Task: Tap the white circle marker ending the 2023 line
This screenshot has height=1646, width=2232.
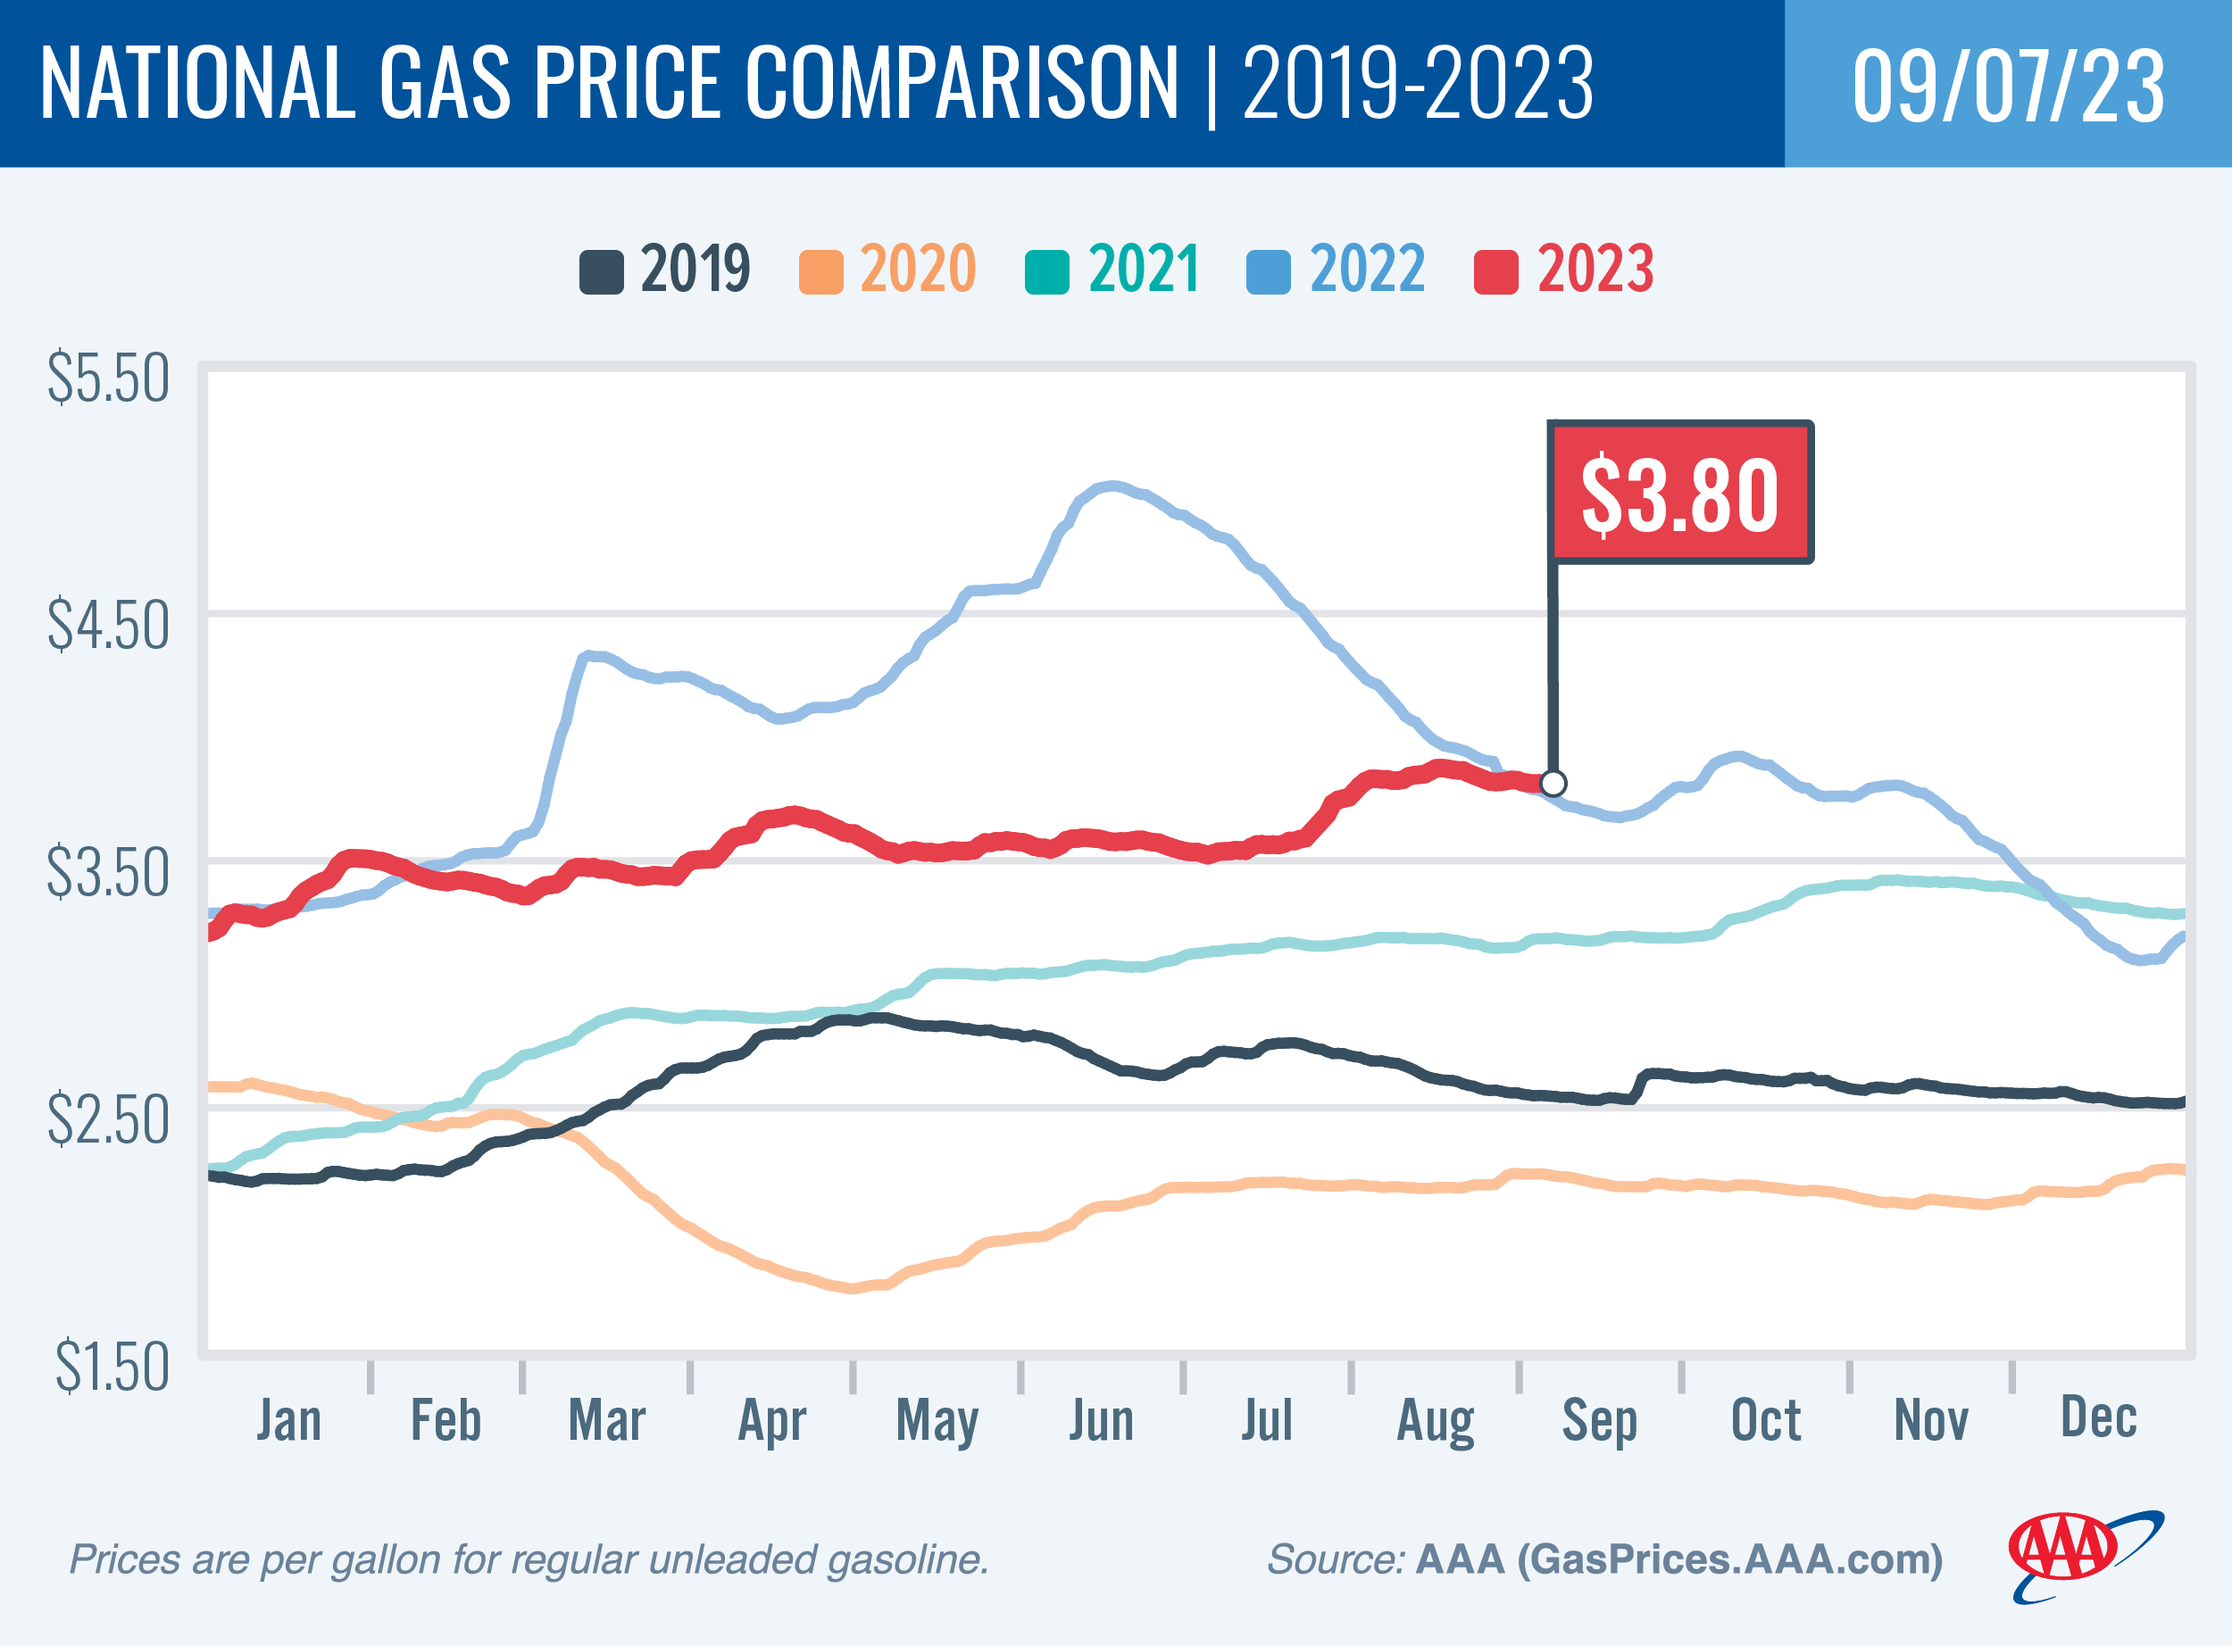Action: (1553, 783)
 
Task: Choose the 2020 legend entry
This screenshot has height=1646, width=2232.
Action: (887, 269)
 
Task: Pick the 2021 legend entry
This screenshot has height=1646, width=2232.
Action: (1113, 269)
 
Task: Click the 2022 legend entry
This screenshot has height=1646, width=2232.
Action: (1337, 269)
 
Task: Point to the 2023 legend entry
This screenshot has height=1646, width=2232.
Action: (1564, 269)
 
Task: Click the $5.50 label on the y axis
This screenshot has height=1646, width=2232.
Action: (109, 378)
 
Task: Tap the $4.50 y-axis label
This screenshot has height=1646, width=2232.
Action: (109, 626)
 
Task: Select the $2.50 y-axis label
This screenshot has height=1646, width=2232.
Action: (109, 1121)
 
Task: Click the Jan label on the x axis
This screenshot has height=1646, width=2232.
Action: (289, 1420)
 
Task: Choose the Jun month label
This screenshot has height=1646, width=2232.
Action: (1101, 1420)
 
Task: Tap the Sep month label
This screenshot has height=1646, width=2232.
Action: (1599, 1420)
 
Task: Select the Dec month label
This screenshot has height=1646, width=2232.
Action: (2098, 1417)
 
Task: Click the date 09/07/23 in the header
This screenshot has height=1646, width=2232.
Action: (2008, 86)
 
